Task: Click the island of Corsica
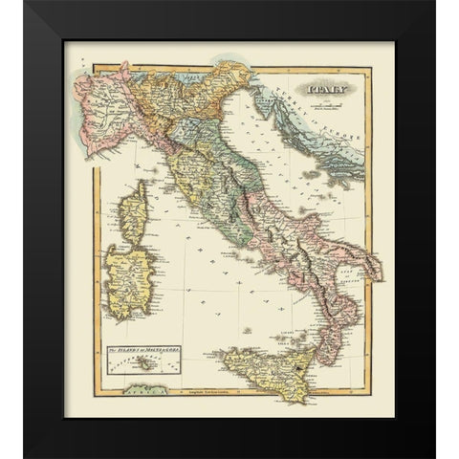pos(135,212)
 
